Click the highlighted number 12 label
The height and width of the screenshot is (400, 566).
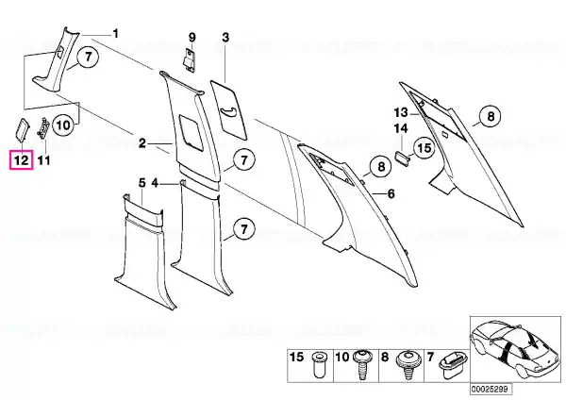(21, 160)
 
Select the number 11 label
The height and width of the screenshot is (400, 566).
(43, 160)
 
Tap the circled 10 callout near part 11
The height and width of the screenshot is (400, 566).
(63, 125)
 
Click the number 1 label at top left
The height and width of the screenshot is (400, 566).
(115, 34)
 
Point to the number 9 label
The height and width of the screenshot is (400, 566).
(192, 37)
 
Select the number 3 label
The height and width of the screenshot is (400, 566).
(225, 37)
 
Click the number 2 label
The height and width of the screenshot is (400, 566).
(142, 143)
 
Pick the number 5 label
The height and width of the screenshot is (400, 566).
(142, 183)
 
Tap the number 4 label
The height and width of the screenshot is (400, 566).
(155, 183)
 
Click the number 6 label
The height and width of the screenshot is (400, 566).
(391, 193)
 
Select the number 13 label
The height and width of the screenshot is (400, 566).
(401, 112)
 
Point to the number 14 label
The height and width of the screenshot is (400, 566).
(401, 128)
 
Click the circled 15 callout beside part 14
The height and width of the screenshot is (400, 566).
(424, 148)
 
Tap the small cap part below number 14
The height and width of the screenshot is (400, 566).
(402, 158)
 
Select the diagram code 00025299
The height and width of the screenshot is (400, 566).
(491, 390)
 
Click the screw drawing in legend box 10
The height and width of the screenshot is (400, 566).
(361, 364)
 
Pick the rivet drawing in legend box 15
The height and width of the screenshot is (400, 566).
(318, 364)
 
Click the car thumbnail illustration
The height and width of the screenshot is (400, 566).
(515, 349)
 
